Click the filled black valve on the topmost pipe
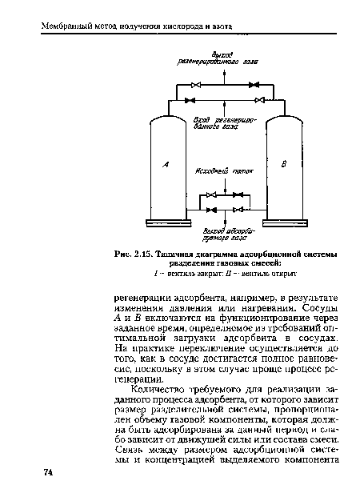pyautogui.click(x=254, y=84)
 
